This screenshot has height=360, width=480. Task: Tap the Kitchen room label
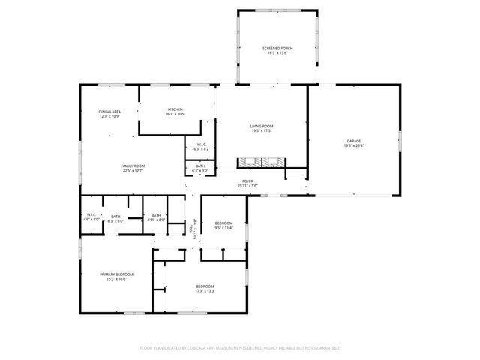tap(175, 110)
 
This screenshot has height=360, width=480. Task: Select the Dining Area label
tap(110, 112)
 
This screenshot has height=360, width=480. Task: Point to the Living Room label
tap(262, 127)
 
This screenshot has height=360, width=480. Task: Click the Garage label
tap(354, 141)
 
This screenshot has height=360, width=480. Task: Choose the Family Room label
tap(133, 166)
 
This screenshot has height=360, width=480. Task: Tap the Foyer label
tap(247, 181)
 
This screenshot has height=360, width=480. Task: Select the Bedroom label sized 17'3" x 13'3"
tap(205, 286)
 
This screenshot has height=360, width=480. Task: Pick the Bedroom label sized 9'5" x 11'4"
tap(224, 223)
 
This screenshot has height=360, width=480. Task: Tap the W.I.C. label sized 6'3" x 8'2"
tap(202, 145)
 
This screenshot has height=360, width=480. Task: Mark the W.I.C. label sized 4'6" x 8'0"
tap(91, 215)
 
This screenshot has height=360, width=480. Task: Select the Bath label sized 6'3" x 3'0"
tap(200, 166)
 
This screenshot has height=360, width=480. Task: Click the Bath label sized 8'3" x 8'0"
tap(115, 215)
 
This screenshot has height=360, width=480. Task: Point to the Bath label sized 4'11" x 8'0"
tap(155, 215)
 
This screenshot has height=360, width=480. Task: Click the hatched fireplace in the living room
tap(261, 162)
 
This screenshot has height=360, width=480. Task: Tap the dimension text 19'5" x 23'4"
tap(354, 145)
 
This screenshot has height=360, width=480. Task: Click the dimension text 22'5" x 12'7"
tap(133, 171)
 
